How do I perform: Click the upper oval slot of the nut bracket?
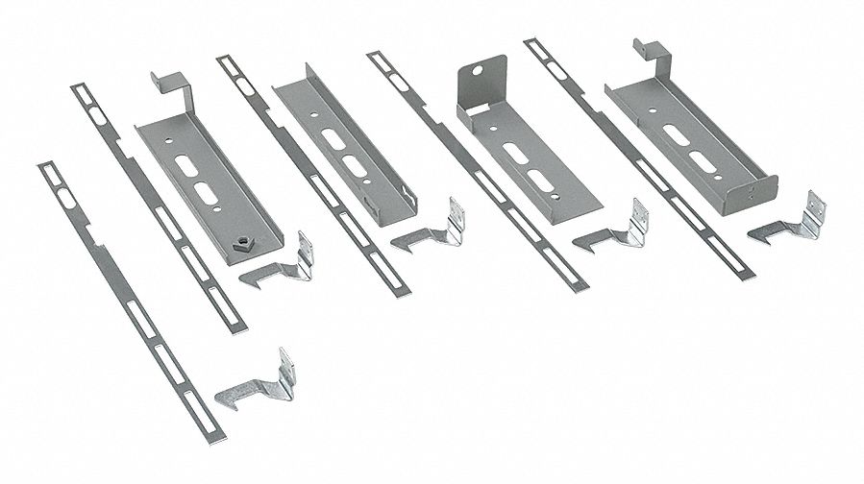tap(185, 163)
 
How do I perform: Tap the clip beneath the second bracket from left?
tap(428, 230)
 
